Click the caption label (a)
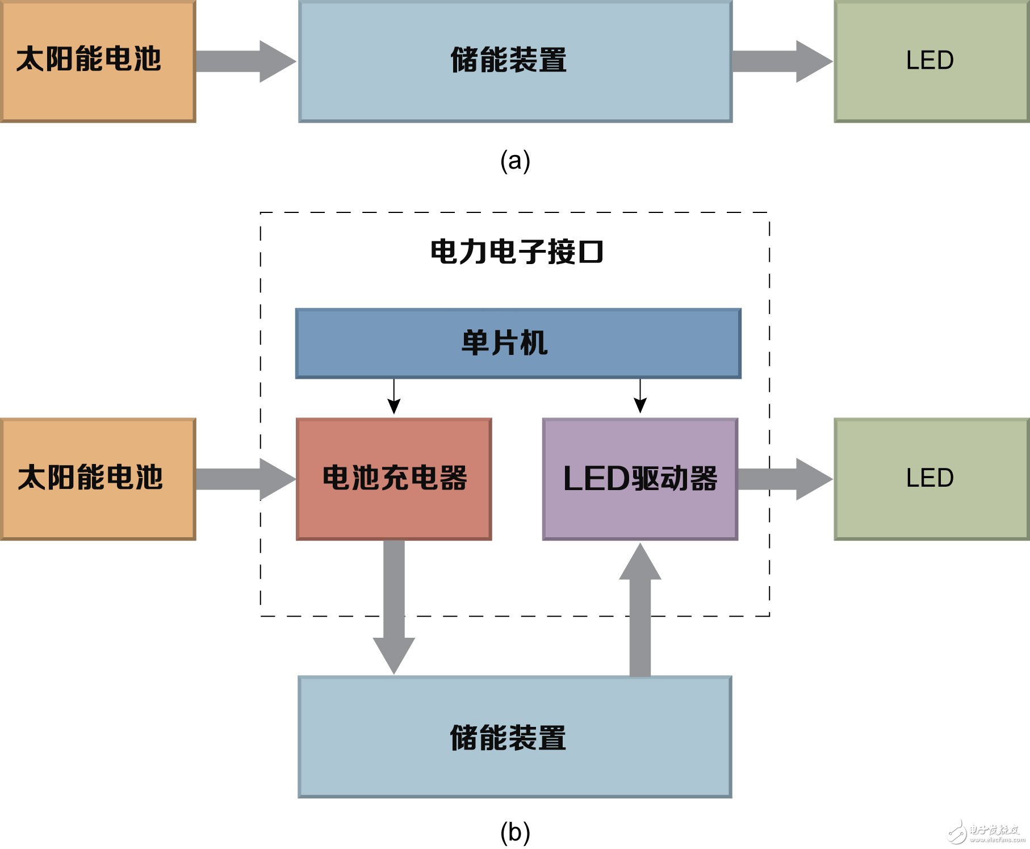pyautogui.click(x=515, y=161)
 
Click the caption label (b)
pyautogui.click(x=515, y=833)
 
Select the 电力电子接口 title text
pyautogui.click(x=516, y=252)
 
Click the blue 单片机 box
pyautogui.click(x=518, y=343)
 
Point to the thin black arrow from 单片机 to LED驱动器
pyautogui.click(x=640, y=397)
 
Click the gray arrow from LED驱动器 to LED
pyautogui.click(x=784, y=479)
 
